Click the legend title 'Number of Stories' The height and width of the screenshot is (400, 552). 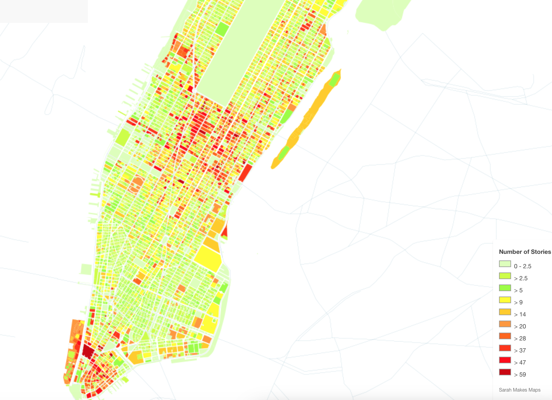click(525, 252)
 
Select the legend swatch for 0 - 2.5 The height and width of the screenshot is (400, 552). click(505, 264)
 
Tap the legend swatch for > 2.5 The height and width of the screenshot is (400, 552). click(505, 276)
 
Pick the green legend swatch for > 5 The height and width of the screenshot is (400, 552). click(505, 288)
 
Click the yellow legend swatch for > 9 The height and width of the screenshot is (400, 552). click(505, 300)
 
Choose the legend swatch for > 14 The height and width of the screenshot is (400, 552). click(505, 312)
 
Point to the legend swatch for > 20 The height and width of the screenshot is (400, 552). click(505, 324)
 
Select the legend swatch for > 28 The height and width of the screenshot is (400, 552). click(505, 336)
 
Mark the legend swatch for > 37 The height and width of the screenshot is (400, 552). click(505, 348)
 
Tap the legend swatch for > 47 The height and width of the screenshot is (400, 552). click(505, 360)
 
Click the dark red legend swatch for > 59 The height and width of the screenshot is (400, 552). click(505, 372)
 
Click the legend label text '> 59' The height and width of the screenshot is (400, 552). click(520, 374)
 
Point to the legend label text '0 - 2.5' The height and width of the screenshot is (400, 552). click(523, 266)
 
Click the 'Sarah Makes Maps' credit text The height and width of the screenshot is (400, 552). click(519, 390)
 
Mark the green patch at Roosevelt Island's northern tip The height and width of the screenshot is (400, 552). click(334, 80)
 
